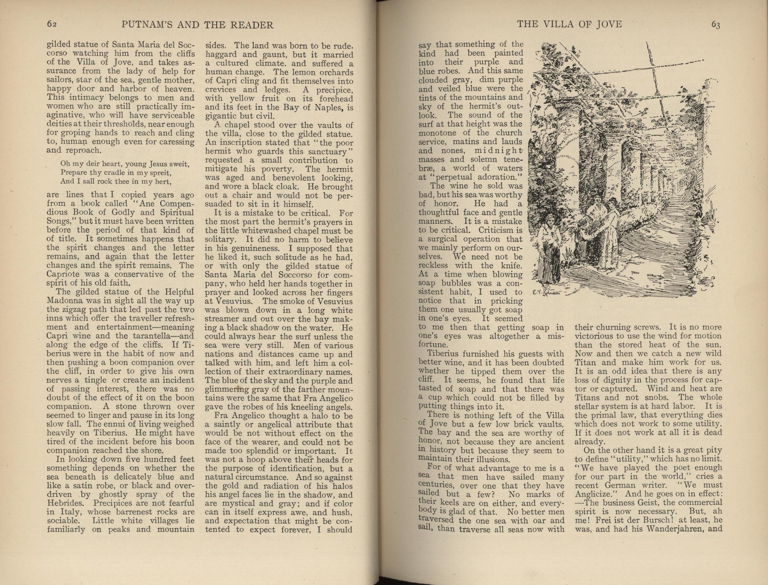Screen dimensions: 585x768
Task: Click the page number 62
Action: (x=52, y=24)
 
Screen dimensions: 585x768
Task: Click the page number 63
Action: (x=716, y=24)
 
